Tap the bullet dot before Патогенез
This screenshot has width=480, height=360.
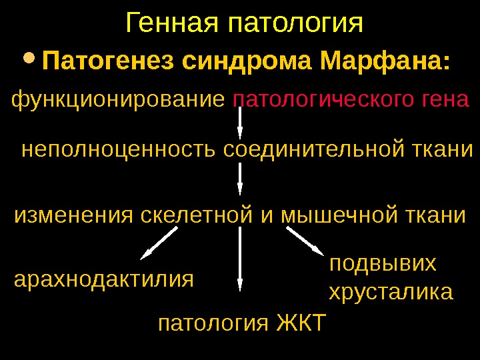pyautogui.click(x=30, y=61)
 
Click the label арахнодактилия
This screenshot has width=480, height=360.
pyautogui.click(x=104, y=278)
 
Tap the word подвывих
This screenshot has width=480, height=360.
pyautogui.click(x=383, y=264)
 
